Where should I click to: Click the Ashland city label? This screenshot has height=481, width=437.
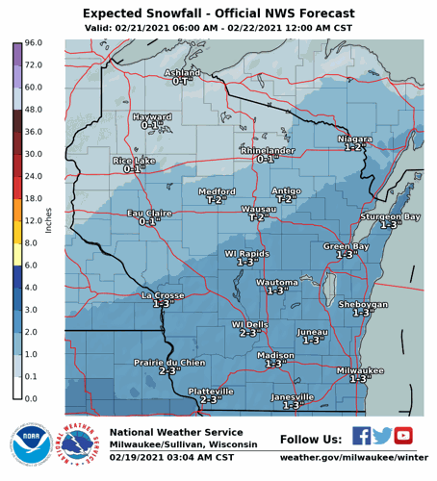182,73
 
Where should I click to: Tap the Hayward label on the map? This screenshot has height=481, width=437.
151,116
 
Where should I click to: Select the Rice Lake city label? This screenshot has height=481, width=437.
134,161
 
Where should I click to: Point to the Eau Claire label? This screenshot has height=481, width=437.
148,214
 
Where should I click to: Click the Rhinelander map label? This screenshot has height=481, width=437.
267,151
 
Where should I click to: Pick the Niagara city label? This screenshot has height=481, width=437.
355,139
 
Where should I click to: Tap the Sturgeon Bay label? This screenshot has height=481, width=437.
390,217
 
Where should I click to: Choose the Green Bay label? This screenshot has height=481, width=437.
346,247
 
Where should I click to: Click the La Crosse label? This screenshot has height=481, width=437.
162,295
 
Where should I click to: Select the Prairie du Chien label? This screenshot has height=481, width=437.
169,363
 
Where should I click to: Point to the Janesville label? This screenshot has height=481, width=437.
293,397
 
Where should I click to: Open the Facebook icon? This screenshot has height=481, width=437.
361,436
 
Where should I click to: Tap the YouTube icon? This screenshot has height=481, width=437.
403,436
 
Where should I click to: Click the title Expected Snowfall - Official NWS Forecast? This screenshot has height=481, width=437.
218,14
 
